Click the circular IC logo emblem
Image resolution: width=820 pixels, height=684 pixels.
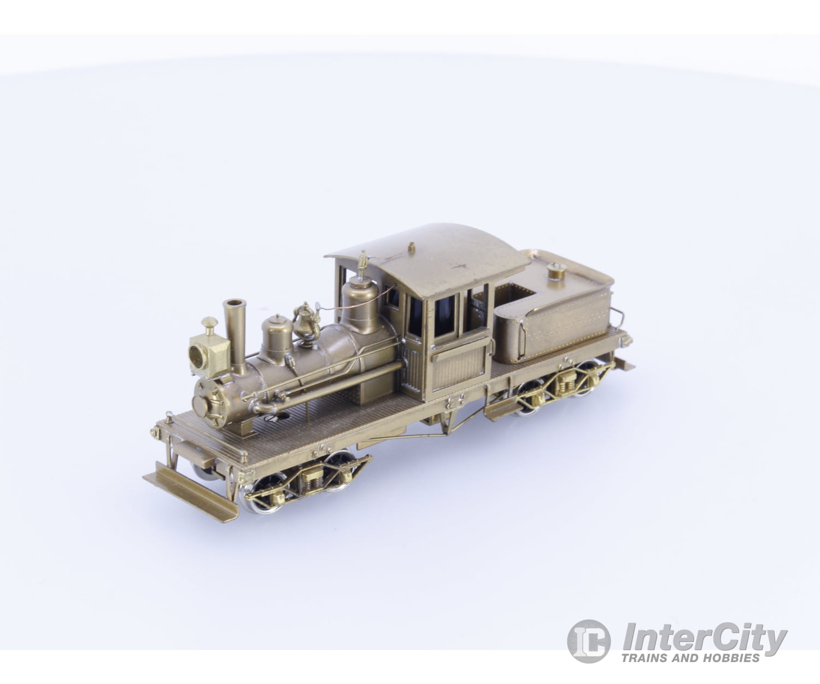coord(588,640)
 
